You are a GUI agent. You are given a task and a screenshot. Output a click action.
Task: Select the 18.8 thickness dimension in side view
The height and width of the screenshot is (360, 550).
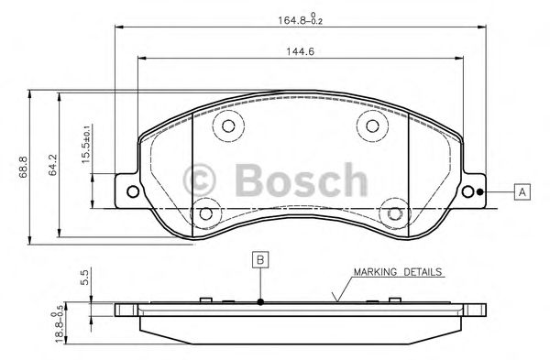(x=86, y=322)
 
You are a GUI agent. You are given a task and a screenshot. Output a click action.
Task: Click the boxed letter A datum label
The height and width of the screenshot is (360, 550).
(x=521, y=191)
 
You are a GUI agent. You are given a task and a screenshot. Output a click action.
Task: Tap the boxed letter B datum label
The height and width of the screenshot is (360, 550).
(x=260, y=260)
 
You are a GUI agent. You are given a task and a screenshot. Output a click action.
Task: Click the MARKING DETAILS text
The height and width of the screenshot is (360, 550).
(x=398, y=272)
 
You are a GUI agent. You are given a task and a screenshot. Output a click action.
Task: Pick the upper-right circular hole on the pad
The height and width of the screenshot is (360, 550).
(x=370, y=127)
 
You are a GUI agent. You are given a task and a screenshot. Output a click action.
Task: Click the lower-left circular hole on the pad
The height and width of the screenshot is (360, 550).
(x=205, y=212)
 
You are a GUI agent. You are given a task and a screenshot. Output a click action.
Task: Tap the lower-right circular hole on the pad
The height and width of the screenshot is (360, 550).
(x=394, y=212)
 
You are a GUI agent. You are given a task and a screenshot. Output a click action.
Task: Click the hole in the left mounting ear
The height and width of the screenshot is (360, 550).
(x=131, y=191)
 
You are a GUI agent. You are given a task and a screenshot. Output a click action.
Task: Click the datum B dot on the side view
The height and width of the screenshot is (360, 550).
(x=260, y=302)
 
